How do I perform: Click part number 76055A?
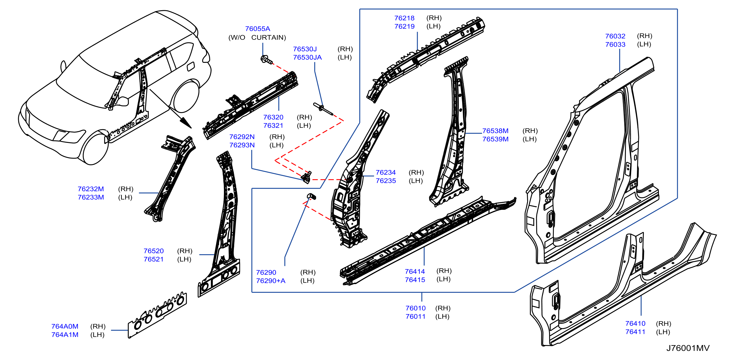click(258, 29)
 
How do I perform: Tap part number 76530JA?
click(307, 57)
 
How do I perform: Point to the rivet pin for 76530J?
click(323, 109)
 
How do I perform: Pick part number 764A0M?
click(65, 326)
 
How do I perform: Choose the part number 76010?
click(415, 308)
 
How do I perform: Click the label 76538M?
click(495, 131)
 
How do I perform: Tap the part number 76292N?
click(242, 137)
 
